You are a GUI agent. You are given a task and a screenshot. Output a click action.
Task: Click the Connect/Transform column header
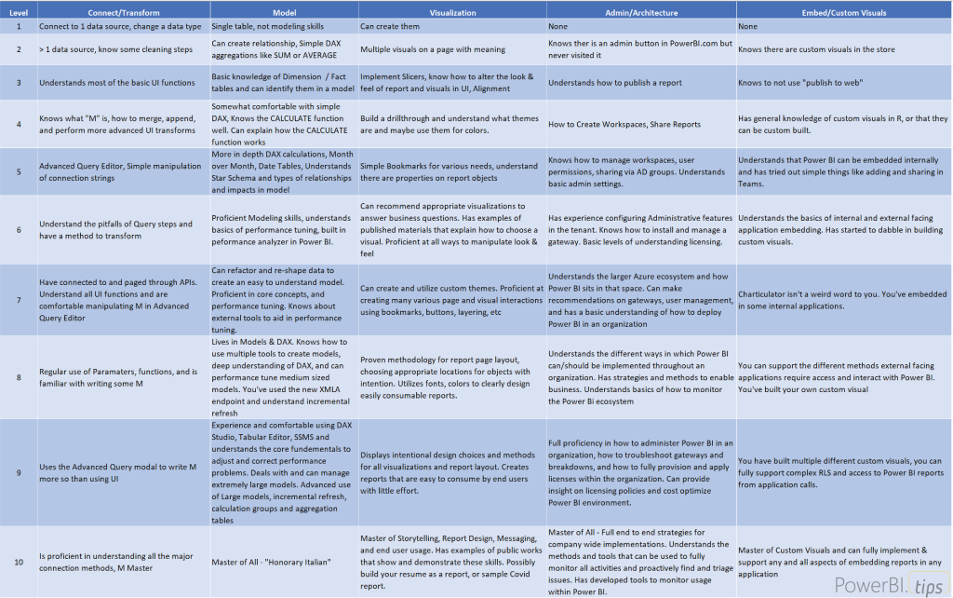coord(123,12)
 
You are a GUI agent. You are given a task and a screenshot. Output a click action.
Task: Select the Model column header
coord(283,12)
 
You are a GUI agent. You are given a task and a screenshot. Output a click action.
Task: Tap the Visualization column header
coord(451,12)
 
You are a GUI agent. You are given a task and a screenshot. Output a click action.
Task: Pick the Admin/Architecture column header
coord(640,12)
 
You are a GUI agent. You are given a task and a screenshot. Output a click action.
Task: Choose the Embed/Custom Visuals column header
coord(844,12)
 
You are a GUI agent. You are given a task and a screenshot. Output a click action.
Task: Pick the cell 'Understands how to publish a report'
coord(614,83)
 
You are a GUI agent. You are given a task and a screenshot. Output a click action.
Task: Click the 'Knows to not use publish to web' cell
coord(801,83)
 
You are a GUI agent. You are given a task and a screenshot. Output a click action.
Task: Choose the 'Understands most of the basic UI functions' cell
coord(116,83)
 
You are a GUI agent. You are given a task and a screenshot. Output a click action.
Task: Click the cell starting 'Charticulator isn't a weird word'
coord(842,299)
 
